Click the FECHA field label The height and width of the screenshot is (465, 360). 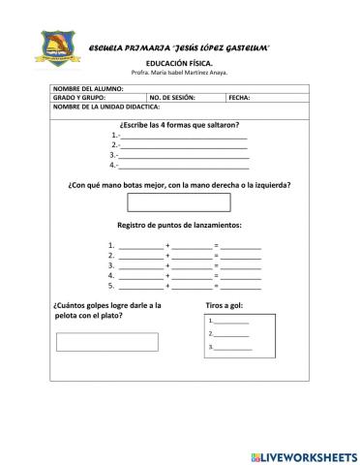(x=240, y=97)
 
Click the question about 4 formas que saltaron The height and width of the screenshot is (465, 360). (x=179, y=125)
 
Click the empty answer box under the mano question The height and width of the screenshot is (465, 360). (x=179, y=202)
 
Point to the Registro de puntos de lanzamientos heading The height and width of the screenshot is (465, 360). (x=179, y=226)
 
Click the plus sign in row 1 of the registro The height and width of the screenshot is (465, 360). (x=167, y=246)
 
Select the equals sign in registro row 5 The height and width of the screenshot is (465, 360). (x=216, y=286)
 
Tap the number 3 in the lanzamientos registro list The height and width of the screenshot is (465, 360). (x=112, y=265)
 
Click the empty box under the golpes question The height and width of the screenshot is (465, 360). (x=106, y=341)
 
